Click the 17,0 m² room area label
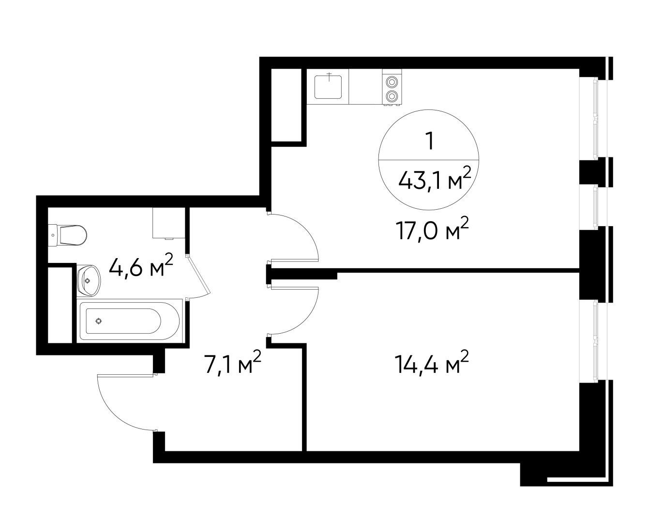pyautogui.click(x=432, y=230)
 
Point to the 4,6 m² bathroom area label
pyautogui.click(x=141, y=267)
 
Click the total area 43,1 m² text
pyautogui.click(x=434, y=181)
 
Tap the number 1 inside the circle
pyautogui.click(x=428, y=140)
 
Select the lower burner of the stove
pyautogui.click(x=392, y=96)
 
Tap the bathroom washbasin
pyautogui.click(x=89, y=280)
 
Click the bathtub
pyautogui.click(x=129, y=321)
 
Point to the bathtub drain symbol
pyautogui.click(x=98, y=321)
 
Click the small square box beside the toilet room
pyautogui.click(x=168, y=223)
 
